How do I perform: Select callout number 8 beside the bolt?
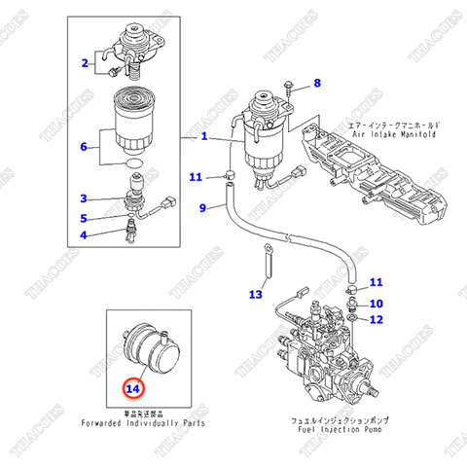[x=315, y=84]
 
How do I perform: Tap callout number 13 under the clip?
[x=256, y=293]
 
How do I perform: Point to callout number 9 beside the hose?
[x=203, y=207]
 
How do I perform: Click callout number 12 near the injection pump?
[x=377, y=319]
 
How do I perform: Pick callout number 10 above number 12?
[x=377, y=304]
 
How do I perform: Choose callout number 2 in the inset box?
[x=85, y=64]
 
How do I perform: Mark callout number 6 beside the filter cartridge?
[x=85, y=148]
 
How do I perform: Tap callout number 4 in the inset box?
[x=85, y=234]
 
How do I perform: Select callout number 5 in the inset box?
[x=85, y=218]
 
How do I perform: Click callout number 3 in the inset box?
[x=85, y=198]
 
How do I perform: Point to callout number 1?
[x=204, y=137]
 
